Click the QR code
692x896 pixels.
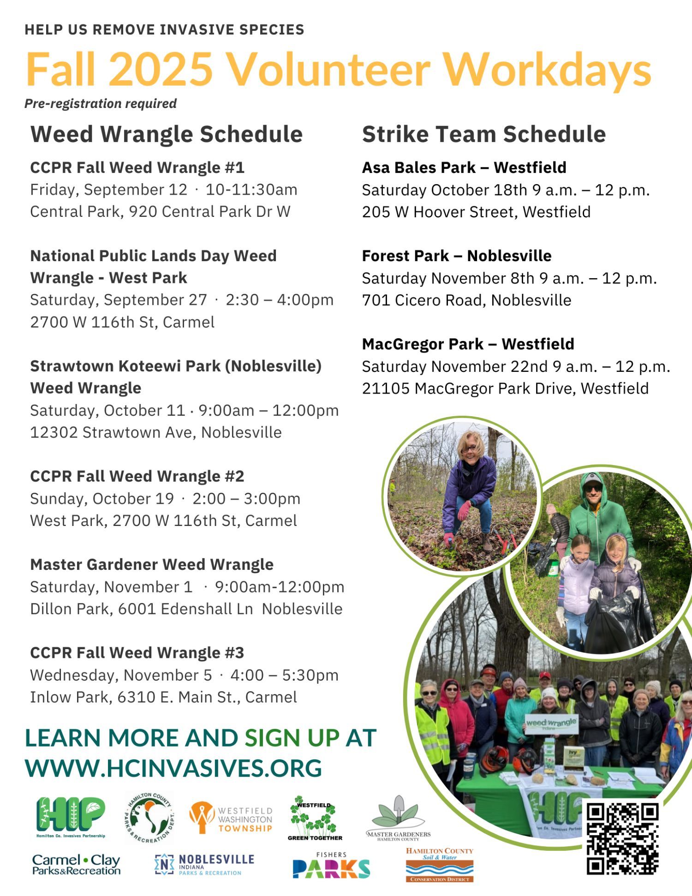[x=622, y=839]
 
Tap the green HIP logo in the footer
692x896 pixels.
[x=71, y=817]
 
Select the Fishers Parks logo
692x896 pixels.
[x=331, y=865]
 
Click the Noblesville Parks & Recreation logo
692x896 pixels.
[x=204, y=865]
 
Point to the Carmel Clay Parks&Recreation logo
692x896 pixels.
[x=76, y=865]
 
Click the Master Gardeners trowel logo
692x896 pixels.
[x=399, y=818]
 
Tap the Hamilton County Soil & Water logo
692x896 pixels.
[x=440, y=865]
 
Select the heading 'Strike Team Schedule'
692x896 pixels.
[x=483, y=134]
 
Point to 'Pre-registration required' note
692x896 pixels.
[x=101, y=103]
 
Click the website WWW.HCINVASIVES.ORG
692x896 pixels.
[x=173, y=768]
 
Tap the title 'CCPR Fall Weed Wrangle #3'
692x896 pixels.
[x=137, y=653]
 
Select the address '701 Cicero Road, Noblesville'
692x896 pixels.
[x=466, y=300]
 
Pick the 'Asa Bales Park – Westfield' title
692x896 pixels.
[x=464, y=167]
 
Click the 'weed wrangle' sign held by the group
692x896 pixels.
[x=551, y=724]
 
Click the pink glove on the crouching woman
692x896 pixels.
[x=464, y=511]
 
